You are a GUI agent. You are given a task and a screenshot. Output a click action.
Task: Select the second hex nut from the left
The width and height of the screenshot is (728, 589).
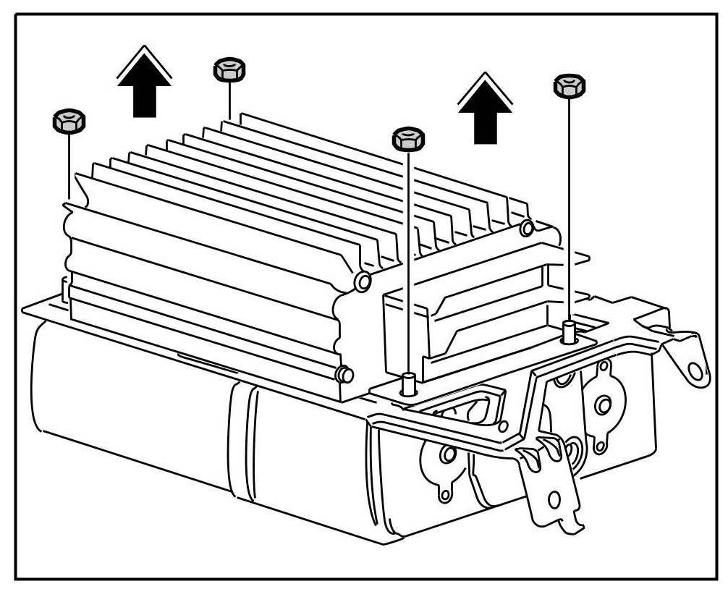tap(229, 70)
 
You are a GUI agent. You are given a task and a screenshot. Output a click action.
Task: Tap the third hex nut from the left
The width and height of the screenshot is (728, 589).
tap(408, 138)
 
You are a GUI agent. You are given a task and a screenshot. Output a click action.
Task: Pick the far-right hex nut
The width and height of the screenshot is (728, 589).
tap(570, 85)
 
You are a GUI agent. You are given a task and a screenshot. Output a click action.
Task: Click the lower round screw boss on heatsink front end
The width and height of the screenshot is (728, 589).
tap(345, 374)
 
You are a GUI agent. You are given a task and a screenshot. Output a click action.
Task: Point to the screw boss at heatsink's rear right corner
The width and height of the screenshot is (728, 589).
tap(528, 229)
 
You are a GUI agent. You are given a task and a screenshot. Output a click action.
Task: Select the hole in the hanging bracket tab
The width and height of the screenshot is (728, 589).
tap(555, 499)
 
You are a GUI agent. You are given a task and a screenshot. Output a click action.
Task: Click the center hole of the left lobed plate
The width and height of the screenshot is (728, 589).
tap(449, 454)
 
